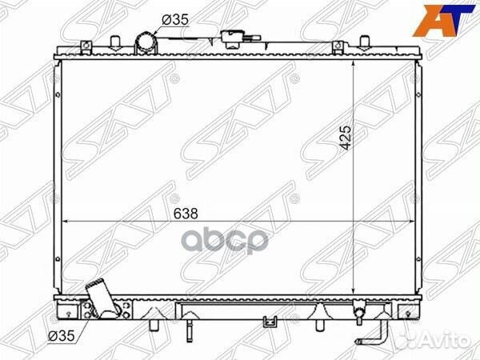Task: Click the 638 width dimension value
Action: pyautogui.click(x=186, y=214)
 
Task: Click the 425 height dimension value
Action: pyautogui.click(x=346, y=138)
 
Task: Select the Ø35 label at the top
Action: pyautogui.click(x=175, y=20)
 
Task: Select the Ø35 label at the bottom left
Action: pyautogui.click(x=62, y=336)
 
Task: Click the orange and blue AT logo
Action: pyautogui.click(x=444, y=19)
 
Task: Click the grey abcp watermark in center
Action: pyautogui.click(x=225, y=240)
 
